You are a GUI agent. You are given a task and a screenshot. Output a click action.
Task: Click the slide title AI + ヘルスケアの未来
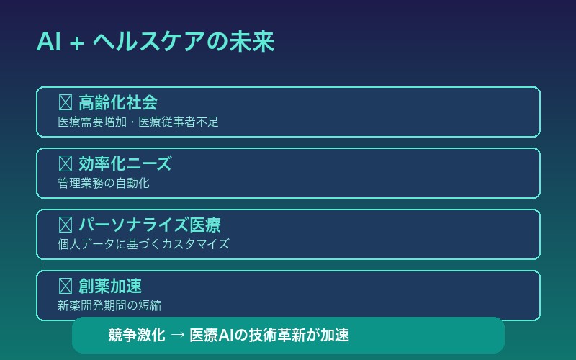point(155,42)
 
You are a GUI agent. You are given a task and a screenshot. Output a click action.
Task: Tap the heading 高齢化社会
point(118,103)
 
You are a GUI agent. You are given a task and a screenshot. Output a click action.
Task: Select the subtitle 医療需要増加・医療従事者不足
point(138,122)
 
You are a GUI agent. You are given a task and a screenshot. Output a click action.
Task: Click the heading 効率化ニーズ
point(125,164)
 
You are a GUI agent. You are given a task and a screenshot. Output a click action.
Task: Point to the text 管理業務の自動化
point(104,184)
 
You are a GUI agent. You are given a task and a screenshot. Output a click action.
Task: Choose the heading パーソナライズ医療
point(149,225)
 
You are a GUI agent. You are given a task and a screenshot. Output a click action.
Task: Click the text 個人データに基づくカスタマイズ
point(143,245)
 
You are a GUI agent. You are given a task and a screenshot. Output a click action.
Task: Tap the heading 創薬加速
point(110,287)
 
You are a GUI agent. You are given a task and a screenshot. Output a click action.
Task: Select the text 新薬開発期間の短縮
point(109,306)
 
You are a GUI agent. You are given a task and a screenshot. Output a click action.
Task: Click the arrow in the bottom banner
point(177,336)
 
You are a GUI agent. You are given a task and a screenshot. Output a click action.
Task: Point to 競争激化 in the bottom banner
point(137,336)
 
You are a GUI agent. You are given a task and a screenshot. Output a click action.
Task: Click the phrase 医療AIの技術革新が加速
point(269,336)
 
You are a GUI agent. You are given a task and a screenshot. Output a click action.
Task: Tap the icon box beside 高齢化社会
point(65,103)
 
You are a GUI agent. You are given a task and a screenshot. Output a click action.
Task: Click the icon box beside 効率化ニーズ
point(65,164)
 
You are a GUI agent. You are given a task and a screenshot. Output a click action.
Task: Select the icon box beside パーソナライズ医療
point(65,225)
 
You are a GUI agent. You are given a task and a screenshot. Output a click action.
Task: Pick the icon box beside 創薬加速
point(65,287)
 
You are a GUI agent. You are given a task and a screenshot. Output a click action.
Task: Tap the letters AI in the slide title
point(48,42)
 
